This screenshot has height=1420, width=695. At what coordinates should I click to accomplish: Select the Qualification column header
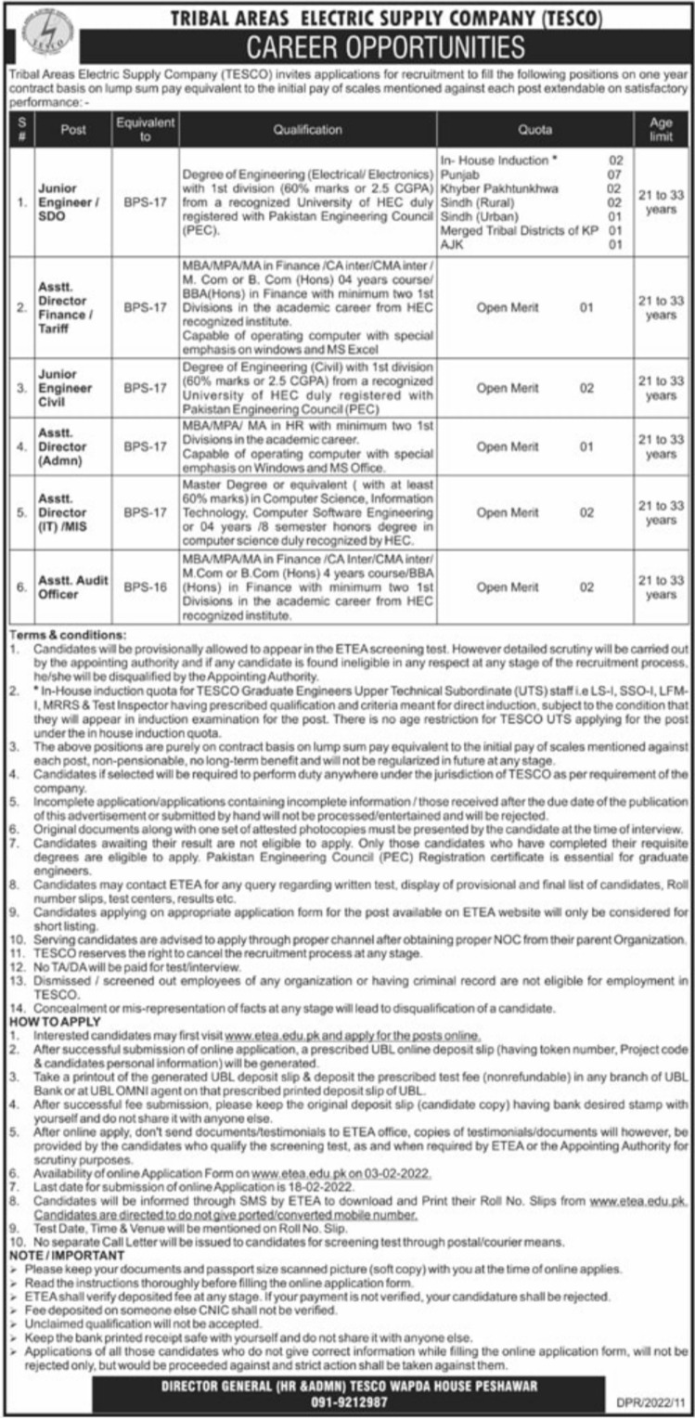(307, 130)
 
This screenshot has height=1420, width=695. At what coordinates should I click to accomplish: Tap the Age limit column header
(661, 130)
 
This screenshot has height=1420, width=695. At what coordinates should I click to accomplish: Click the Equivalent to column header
(134, 130)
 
